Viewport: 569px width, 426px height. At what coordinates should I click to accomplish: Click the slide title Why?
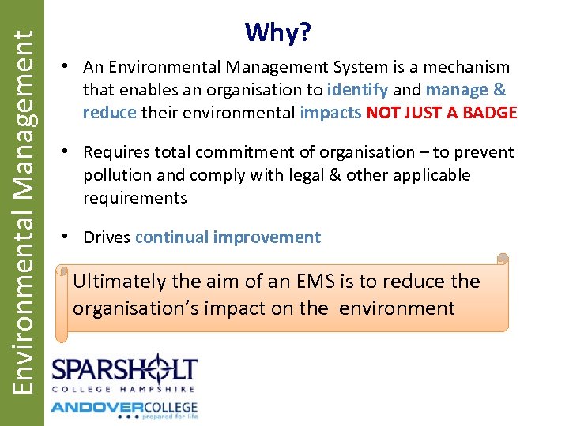pyautogui.click(x=277, y=33)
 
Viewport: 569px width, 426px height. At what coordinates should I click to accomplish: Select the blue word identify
pyautogui.click(x=357, y=90)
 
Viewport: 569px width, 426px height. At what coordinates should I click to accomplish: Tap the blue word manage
pyautogui.click(x=457, y=90)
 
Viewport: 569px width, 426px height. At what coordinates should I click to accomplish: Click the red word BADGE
pyautogui.click(x=489, y=113)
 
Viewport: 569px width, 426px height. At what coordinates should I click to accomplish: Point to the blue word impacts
pyautogui.click(x=330, y=113)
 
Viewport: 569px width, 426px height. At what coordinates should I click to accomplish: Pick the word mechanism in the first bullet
pyautogui.click(x=466, y=68)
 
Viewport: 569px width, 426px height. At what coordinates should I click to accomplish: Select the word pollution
pyautogui.click(x=118, y=175)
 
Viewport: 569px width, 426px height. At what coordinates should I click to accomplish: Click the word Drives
pyautogui.click(x=107, y=237)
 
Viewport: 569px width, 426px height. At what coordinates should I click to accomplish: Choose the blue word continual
pyautogui.click(x=169, y=237)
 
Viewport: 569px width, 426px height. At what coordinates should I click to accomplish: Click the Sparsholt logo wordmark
pyautogui.click(x=124, y=371)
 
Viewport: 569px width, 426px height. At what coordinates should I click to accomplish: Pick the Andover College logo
pyautogui.click(x=124, y=409)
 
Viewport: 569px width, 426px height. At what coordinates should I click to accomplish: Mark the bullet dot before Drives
pyautogui.click(x=70, y=237)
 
